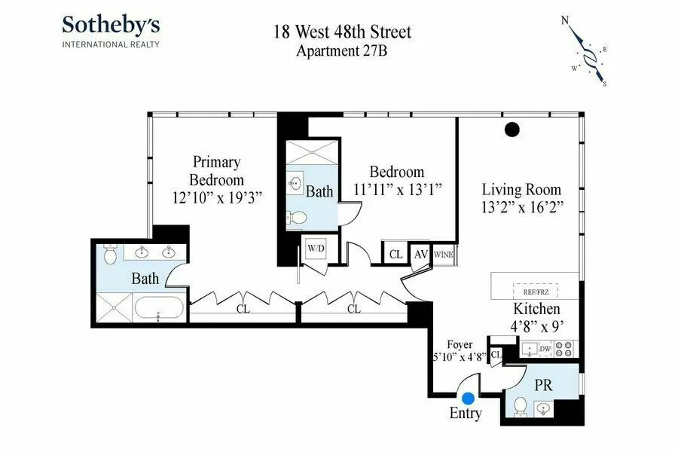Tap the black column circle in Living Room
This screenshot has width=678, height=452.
tap(512, 130)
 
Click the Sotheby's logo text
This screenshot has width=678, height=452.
tap(110, 25)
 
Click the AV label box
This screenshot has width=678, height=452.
tap(421, 254)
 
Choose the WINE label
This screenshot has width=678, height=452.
tap(443, 255)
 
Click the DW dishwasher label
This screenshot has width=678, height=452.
tap(545, 349)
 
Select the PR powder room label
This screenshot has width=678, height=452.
tap(543, 385)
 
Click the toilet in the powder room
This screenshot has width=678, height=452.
tap(519, 408)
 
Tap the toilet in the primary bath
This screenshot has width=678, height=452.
tap(110, 255)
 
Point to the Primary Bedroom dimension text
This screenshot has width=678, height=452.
tap(216, 199)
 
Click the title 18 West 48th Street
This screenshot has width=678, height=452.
tap(342, 33)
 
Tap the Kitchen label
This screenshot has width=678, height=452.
tap(536, 310)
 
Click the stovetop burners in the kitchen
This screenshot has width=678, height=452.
tap(566, 349)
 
